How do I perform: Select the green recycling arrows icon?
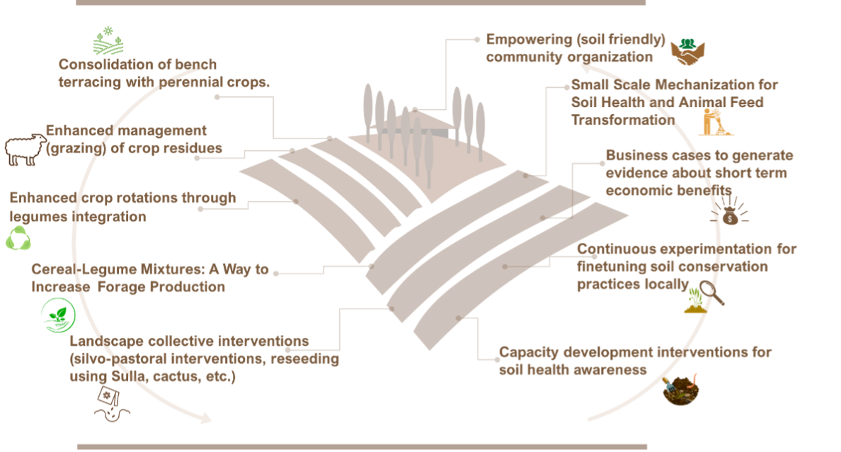click(18, 239)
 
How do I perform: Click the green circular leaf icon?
click(58, 315)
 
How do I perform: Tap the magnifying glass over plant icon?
click(704, 297)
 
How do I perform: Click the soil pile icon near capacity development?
click(681, 390)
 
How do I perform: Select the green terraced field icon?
click(108, 42)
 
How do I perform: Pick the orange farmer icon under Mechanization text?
click(715, 121)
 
